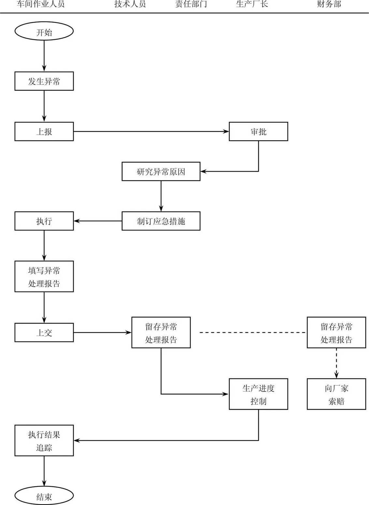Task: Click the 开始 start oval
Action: click(44, 32)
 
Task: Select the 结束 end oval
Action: click(44, 496)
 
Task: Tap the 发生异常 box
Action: click(44, 81)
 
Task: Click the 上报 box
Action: click(44, 131)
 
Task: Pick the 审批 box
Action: click(258, 131)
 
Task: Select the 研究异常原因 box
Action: click(161, 171)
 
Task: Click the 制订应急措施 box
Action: click(161, 221)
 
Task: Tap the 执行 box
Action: click(44, 221)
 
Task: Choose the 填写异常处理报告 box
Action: click(44, 276)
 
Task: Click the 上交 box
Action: click(44, 332)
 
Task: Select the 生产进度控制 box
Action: click(258, 394)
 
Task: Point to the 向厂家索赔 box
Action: click(336, 394)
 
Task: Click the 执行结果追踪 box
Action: click(44, 440)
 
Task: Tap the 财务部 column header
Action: click(329, 4)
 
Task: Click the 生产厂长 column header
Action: click(252, 4)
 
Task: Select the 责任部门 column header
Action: click(191, 4)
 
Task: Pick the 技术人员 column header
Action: click(130, 4)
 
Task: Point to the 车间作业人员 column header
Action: click(40, 4)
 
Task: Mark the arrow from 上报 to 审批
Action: click(151, 131)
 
